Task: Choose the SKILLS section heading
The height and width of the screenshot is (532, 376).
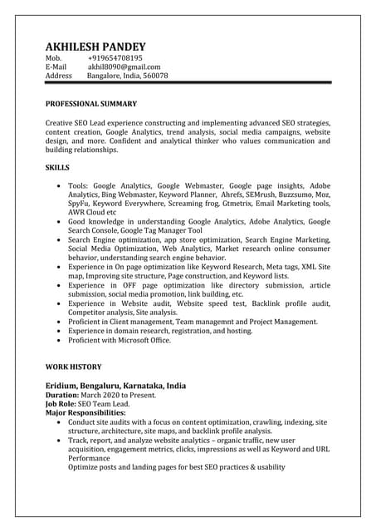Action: (57, 167)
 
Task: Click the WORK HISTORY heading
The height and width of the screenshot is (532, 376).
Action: (73, 367)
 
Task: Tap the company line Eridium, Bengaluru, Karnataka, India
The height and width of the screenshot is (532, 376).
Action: (115, 387)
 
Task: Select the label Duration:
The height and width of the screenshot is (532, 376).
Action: (63, 395)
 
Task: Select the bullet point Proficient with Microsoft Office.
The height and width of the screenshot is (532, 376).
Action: (120, 340)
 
